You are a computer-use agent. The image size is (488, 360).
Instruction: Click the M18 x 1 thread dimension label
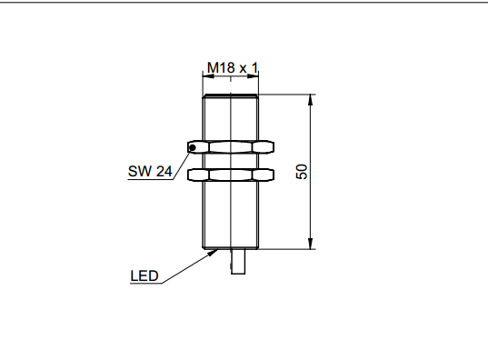(233, 67)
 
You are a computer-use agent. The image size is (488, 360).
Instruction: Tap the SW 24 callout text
(150, 170)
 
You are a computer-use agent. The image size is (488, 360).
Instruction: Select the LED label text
(144, 275)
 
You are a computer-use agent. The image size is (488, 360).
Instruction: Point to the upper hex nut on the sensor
(232, 146)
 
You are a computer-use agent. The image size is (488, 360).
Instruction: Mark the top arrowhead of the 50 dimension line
(312, 98)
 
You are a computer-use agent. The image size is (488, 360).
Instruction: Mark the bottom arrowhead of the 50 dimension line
(312, 243)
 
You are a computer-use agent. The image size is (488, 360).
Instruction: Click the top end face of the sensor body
(232, 94)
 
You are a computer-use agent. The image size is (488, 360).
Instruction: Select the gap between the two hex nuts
(232, 160)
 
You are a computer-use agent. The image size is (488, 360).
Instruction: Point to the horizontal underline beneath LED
(144, 284)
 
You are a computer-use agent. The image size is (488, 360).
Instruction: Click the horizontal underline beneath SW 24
(150, 179)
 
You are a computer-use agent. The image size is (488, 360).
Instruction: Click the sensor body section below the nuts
(232, 214)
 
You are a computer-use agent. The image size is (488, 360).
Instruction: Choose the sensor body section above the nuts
(232, 116)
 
